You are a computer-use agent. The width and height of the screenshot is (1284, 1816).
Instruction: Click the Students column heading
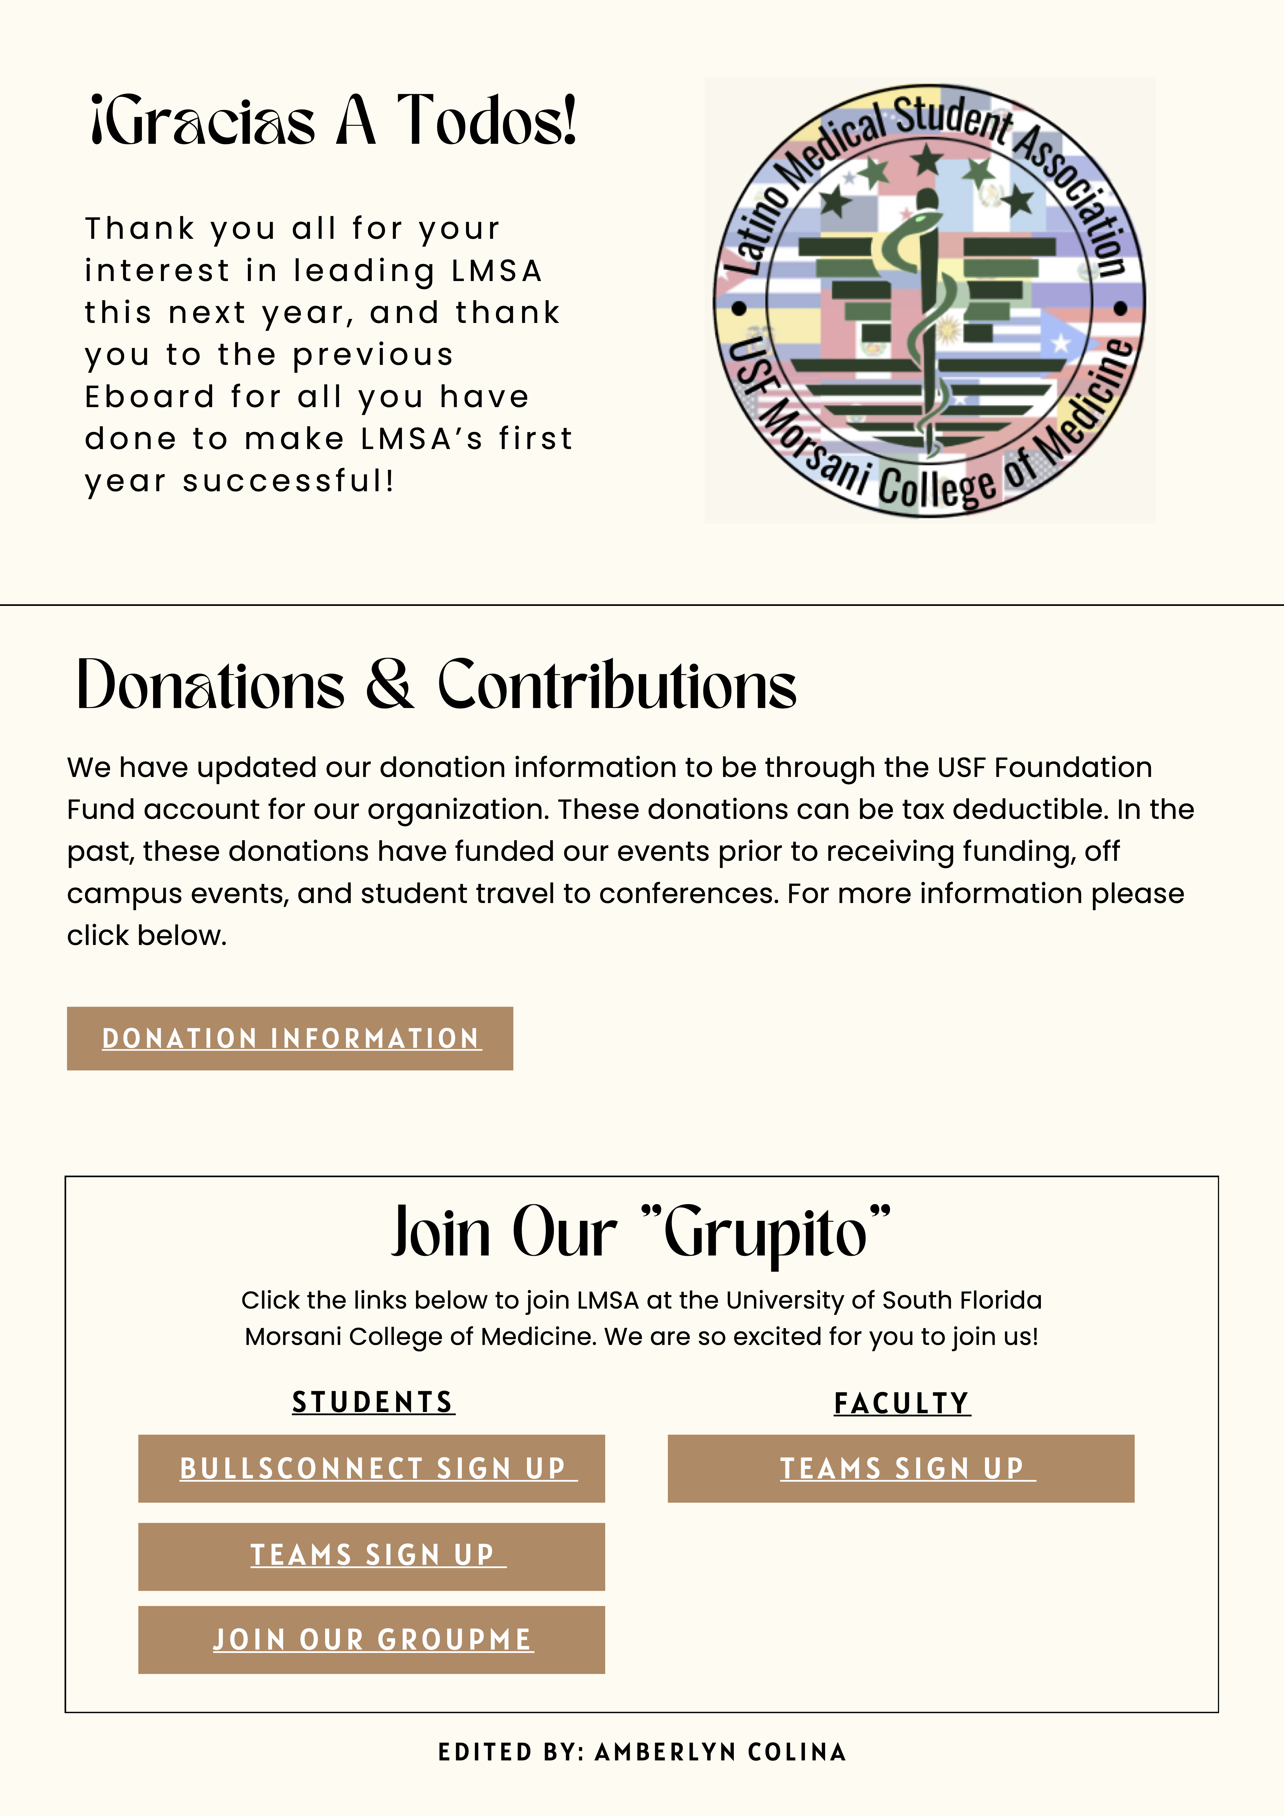[x=373, y=1402]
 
